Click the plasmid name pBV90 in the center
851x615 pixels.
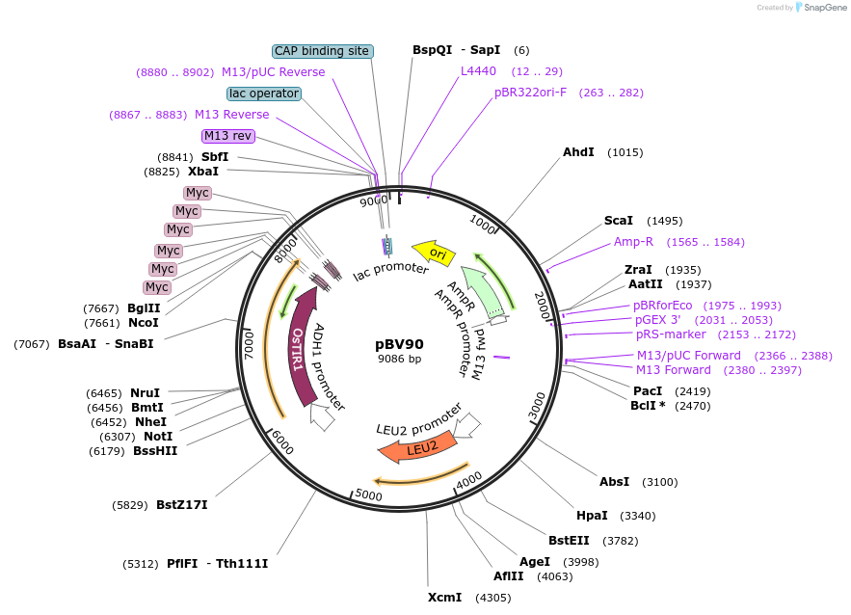coord(399,343)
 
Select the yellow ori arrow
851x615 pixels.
coord(435,253)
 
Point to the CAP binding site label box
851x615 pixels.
coord(323,51)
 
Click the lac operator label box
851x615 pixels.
coord(264,94)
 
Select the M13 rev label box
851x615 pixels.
coord(227,136)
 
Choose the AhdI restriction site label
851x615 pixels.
coord(578,152)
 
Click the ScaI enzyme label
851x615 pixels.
coord(619,221)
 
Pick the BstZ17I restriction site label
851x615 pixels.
coord(182,504)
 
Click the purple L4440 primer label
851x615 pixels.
coord(478,71)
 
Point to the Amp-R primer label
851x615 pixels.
coord(633,242)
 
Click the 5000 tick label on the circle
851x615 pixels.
coord(369,495)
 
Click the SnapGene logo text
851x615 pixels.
coord(822,8)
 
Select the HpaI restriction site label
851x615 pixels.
coord(592,515)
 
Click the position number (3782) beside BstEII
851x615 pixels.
coord(622,540)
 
